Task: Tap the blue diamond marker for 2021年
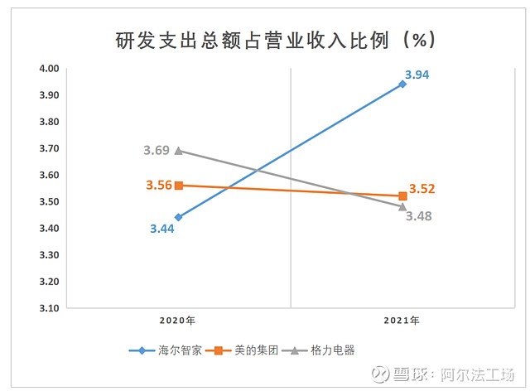[x=402, y=84]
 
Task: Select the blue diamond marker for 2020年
[x=178, y=217]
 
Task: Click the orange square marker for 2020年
[x=178, y=186]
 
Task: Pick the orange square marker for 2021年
[x=402, y=196]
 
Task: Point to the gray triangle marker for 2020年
[x=178, y=151]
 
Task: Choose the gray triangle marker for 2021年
[x=402, y=206]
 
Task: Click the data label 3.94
[x=417, y=75]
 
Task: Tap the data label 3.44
[x=162, y=228]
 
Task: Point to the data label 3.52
[x=422, y=189]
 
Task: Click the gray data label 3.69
[x=156, y=150]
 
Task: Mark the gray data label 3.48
[x=418, y=215]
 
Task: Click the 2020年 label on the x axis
[x=178, y=320]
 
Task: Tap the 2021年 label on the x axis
[x=402, y=320]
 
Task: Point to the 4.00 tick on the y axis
[x=49, y=69]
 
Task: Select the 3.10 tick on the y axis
[x=49, y=308]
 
